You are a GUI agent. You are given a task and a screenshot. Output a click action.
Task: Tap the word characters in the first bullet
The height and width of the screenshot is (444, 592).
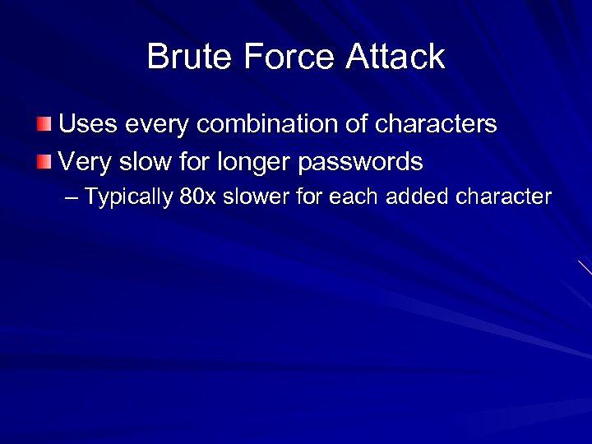[x=437, y=125]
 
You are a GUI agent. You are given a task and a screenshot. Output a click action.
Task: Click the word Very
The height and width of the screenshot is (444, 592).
[x=86, y=162]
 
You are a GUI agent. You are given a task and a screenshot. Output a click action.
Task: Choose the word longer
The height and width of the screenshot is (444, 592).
[x=258, y=162]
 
